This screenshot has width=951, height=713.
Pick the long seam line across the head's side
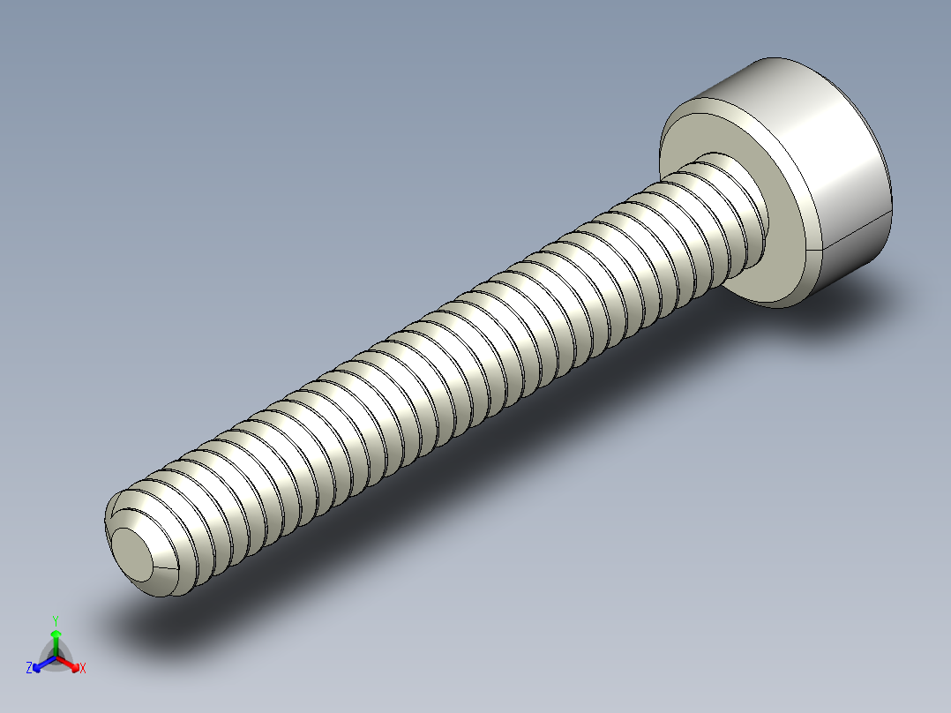(x=856, y=231)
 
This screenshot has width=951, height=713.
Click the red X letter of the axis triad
(x=82, y=669)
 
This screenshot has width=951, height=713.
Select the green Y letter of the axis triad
(x=56, y=620)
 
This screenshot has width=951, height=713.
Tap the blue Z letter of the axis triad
(x=29, y=669)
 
